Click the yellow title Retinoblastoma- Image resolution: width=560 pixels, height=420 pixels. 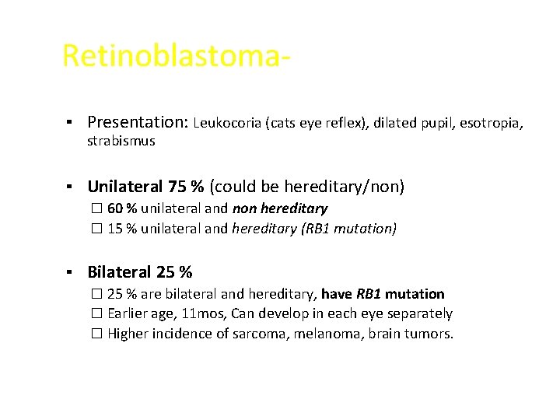coord(177,56)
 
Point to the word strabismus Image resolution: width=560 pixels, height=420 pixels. coord(121,142)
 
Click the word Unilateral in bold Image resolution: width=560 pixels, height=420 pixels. coord(125,187)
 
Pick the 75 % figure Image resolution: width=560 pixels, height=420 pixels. coord(186,187)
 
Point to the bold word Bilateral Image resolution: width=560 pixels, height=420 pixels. coord(120,272)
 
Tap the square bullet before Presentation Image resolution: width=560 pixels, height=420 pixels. coord(69,123)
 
